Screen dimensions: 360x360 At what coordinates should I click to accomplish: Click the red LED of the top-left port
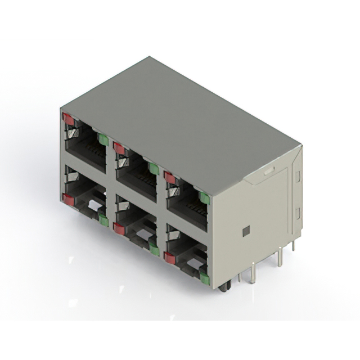click(x=69, y=119)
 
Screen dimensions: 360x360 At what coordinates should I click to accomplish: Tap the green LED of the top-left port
click(x=103, y=139)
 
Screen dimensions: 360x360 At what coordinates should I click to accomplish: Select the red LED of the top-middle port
click(x=119, y=148)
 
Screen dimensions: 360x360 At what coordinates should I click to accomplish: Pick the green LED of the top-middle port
click(x=153, y=168)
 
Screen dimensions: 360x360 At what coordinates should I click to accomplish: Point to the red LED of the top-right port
click(x=169, y=178)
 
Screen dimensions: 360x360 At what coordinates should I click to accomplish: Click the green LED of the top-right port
click(x=204, y=197)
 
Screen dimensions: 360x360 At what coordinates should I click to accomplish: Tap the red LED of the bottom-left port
click(x=69, y=199)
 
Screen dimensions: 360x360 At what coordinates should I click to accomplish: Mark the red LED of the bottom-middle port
click(x=119, y=228)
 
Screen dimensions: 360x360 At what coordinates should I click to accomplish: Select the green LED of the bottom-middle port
click(x=154, y=249)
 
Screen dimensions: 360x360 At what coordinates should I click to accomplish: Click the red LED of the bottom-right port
click(x=169, y=258)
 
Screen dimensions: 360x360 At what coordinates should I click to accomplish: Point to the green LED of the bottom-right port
click(x=205, y=278)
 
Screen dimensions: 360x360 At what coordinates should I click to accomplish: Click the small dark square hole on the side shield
click(x=246, y=231)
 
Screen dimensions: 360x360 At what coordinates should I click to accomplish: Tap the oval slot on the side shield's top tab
click(x=269, y=168)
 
